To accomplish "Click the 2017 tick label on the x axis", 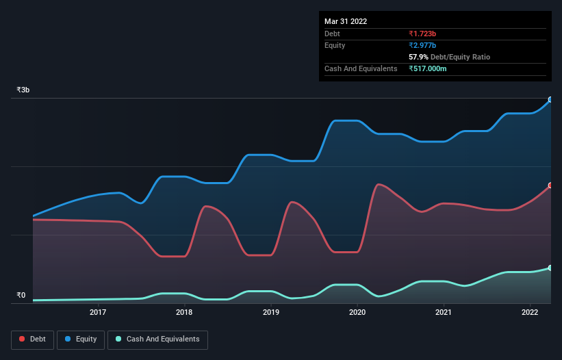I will pos(98,313).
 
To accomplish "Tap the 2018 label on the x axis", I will pos(184,313).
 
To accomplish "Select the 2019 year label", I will pos(271,313).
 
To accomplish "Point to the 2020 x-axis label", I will pos(357,313).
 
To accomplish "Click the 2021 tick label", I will pos(444,313).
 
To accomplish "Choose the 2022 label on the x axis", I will pos(530,313).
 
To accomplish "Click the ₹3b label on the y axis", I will pos(23,90).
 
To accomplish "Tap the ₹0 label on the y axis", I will pos(21,296).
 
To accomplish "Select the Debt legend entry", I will pos(34,339).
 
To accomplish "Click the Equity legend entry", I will pos(82,339).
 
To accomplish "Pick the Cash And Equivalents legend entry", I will pos(157,339).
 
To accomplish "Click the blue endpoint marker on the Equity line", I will pos(550,100).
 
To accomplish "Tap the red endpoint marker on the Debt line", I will pos(550,185).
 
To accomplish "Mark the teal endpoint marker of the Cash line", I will pos(550,268).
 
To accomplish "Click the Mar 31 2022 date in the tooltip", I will pos(346,21).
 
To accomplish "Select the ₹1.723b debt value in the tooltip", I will pos(422,34).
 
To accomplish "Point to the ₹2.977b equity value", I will pos(422,45).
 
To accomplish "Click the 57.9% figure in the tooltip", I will pos(418,57).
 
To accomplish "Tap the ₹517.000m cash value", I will pos(428,68).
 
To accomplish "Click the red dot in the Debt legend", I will pos(23,339).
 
